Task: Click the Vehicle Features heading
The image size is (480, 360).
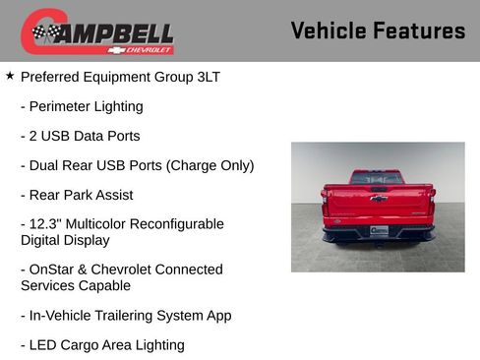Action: coord(378,30)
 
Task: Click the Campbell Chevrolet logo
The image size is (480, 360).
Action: coord(97,32)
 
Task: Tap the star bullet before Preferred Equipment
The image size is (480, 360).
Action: coord(10,76)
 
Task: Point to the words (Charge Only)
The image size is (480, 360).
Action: coord(211,165)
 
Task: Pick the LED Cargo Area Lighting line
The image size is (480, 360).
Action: coord(102,345)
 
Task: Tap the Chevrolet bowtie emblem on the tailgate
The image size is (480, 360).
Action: coord(379,199)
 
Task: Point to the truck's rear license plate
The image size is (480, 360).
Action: coord(379,231)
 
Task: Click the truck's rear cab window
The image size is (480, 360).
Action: coord(378,178)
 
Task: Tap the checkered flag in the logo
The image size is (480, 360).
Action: coord(45,33)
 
